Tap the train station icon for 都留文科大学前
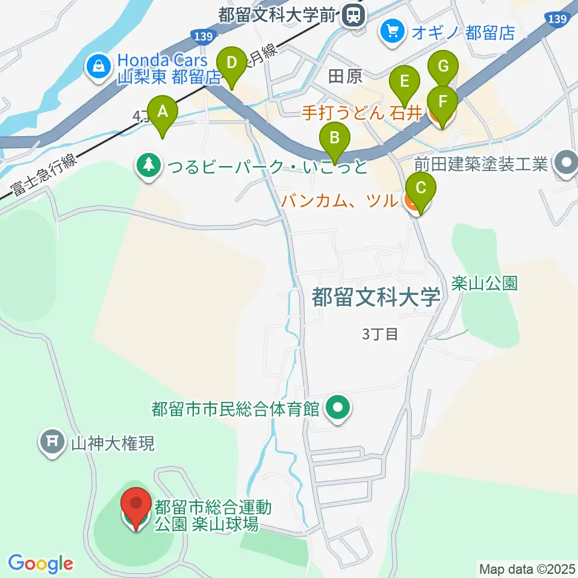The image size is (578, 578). (x=352, y=16)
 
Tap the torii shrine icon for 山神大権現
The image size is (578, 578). (x=52, y=443)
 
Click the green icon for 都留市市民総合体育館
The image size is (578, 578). (x=338, y=409)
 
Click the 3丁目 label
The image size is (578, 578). (x=380, y=334)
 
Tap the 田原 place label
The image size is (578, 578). (x=346, y=76)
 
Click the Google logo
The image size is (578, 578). (x=40, y=564)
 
